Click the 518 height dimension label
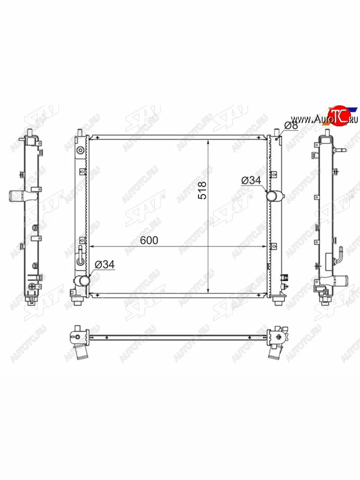[x=202, y=190]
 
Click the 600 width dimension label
[x=149, y=240]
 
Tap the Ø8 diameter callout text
[x=291, y=126]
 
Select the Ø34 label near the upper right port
[x=251, y=180]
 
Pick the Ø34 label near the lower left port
[x=105, y=265]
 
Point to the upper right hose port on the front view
[x=275, y=196]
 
